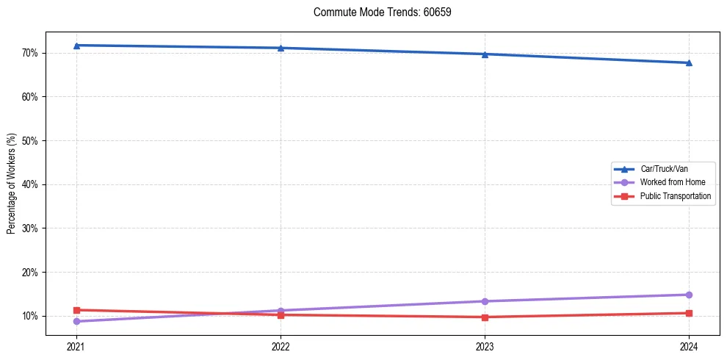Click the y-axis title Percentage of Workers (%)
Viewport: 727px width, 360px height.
pos(12,184)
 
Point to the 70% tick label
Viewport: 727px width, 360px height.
pos(32,53)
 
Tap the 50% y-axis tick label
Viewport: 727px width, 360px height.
pos(32,140)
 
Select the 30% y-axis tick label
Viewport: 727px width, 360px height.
pos(32,228)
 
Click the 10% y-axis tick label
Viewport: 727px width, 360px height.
pos(32,316)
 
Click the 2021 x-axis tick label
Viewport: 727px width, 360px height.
pos(76,346)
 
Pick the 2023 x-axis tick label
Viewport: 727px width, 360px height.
pos(485,346)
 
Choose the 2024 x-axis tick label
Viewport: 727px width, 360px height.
pos(689,346)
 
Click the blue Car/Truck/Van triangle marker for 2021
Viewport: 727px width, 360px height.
pos(76,46)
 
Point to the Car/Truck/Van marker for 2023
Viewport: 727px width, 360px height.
pos(485,54)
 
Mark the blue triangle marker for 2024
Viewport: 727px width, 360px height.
pos(689,62)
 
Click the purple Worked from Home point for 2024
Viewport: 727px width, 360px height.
pos(689,295)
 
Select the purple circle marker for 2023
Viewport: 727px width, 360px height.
pos(485,301)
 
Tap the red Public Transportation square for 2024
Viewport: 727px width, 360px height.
pos(689,313)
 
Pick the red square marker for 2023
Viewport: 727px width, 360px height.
pos(485,317)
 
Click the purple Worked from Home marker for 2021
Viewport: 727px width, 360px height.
pos(76,321)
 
